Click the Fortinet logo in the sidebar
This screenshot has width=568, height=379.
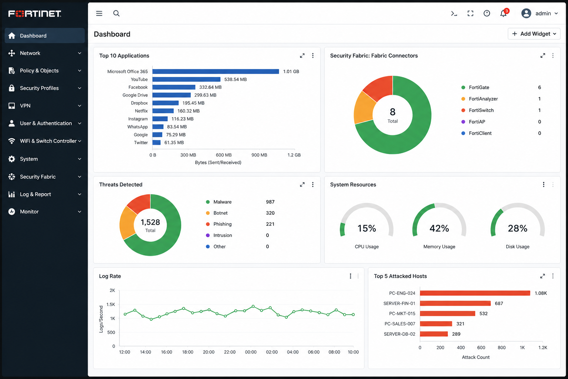(35, 13)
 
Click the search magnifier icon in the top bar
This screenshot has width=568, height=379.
(116, 13)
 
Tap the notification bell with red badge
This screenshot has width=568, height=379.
(504, 13)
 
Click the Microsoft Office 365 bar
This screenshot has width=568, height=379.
(216, 71)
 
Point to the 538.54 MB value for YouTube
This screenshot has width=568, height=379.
(235, 80)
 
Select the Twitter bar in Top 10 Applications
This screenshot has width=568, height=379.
(156, 142)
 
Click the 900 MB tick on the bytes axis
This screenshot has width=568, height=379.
(259, 155)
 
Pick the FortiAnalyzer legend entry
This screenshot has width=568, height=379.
(479, 99)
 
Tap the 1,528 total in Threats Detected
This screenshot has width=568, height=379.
(151, 222)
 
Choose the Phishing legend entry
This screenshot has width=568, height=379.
(219, 224)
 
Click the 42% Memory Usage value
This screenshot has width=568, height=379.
(439, 228)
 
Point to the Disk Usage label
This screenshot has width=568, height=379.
(518, 247)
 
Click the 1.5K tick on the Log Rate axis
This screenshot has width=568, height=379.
(111, 304)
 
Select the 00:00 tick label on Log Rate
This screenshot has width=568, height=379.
(250, 352)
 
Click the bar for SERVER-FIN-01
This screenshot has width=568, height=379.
(455, 303)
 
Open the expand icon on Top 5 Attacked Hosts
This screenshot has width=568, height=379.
(542, 276)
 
